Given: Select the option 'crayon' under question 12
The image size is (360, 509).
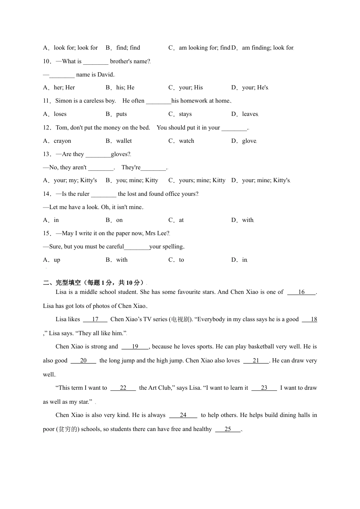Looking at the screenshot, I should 62,141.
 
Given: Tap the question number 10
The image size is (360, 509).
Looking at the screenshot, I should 47,61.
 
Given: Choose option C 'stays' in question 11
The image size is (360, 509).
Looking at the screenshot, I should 185,114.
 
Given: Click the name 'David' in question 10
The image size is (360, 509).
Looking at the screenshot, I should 105,75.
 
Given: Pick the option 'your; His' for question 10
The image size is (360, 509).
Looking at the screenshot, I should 191,87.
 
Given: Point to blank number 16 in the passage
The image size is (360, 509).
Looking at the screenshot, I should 301,292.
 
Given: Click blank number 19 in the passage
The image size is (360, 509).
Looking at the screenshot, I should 135,347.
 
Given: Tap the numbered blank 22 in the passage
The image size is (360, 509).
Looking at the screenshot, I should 123,388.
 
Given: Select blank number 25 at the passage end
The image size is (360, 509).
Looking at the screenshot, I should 228,429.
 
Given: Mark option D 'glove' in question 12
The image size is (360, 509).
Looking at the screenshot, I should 249,141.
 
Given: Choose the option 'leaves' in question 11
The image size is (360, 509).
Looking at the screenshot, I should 250,114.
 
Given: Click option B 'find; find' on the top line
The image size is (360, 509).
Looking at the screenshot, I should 128,48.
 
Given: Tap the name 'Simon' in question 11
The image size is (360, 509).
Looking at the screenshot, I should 63,101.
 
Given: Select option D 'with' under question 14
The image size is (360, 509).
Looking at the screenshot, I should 247,220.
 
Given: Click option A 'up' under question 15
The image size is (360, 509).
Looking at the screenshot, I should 57,260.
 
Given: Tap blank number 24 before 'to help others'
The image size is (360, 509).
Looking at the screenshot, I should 183,415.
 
